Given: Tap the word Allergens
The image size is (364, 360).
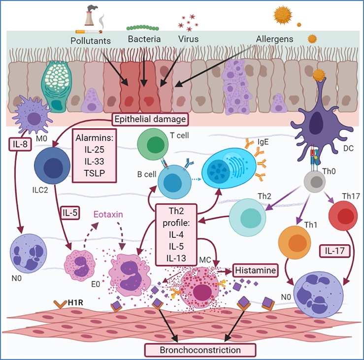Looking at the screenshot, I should click(274, 38).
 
